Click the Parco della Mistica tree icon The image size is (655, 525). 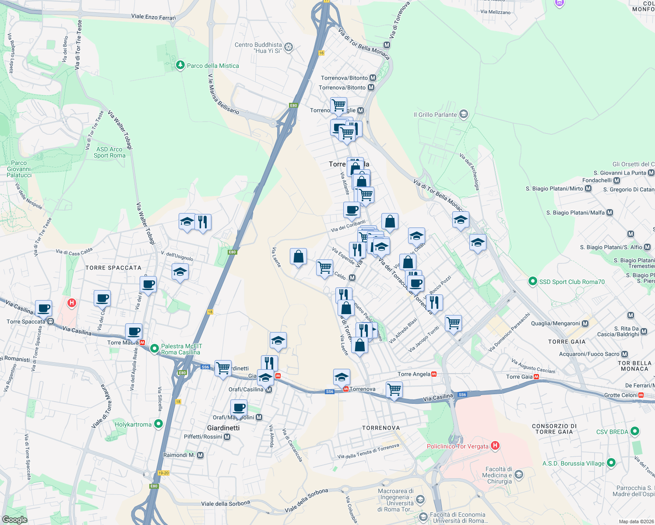pos(180,65)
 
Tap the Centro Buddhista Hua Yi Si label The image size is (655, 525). pos(258,48)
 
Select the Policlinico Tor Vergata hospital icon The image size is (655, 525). pos(495,446)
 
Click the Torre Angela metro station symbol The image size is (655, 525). pos(434,374)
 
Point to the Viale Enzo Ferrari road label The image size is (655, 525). pos(153,17)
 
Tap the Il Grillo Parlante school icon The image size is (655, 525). pos(464,115)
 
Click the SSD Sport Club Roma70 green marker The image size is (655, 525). pos(532,281)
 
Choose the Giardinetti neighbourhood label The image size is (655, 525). pos(223,428)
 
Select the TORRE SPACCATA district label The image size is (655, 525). pos(113,268)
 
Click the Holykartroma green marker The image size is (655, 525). pos(158,424)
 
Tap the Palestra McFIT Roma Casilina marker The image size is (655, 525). pos(154,349)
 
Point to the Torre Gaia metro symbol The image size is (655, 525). pos(536,377)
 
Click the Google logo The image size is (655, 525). pos(14,519)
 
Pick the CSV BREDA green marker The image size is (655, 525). pos(635,431)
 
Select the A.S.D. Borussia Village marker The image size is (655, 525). pos(611,463)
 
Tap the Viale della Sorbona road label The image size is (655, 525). pos(225,503)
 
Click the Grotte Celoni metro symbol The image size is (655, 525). pos(641,395)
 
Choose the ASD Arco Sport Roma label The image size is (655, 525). pos(109,152)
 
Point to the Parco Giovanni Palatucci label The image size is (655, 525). pos(19,169)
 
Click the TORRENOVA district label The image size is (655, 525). pos(381,428)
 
